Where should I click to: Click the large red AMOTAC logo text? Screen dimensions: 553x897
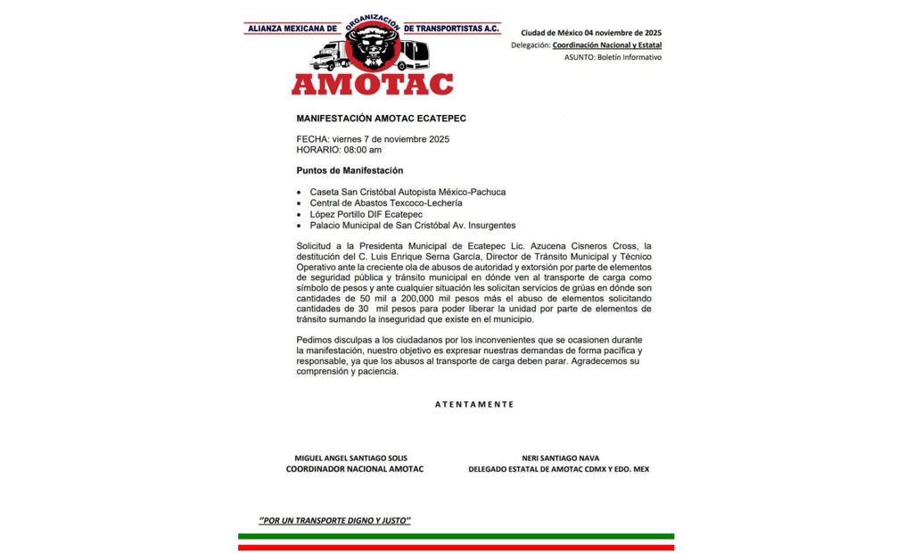[372, 84]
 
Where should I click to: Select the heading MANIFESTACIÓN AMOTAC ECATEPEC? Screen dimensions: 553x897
[382, 118]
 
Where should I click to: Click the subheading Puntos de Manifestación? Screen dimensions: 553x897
[350, 170]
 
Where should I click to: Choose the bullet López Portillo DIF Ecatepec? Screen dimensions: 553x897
[366, 215]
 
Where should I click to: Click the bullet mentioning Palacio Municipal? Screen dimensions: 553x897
[412, 226]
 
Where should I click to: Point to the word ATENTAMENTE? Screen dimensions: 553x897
[474, 404]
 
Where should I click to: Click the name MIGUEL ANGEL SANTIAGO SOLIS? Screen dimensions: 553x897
[350, 458]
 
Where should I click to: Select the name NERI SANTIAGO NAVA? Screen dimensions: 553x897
[560, 458]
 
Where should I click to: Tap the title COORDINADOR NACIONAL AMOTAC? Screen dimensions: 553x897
[354, 469]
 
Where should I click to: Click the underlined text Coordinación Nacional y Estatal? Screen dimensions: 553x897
[607, 45]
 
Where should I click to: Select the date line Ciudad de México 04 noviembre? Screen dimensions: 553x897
[591, 33]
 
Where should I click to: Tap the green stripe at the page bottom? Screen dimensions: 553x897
[456, 537]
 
